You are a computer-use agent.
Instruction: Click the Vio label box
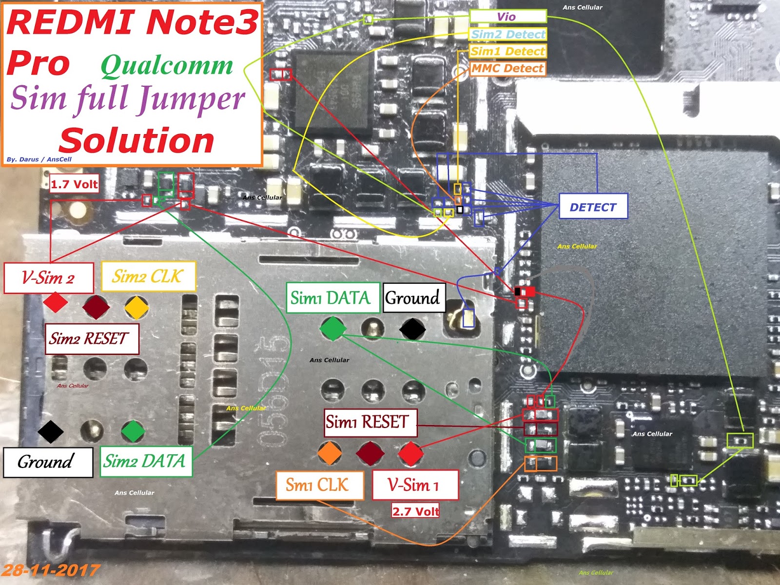(x=507, y=17)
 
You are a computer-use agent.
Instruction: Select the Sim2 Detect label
(x=508, y=34)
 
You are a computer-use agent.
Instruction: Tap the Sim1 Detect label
(x=507, y=51)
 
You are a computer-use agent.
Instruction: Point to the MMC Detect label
(x=507, y=68)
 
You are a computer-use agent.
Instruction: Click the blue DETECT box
(x=593, y=207)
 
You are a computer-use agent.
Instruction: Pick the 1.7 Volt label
(x=74, y=184)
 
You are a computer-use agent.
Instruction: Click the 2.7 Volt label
(x=415, y=511)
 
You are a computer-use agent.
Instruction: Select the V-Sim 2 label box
(x=48, y=278)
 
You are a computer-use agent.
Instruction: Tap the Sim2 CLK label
(x=148, y=276)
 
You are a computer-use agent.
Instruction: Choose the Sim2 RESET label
(x=91, y=338)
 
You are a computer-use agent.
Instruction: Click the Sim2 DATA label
(x=145, y=461)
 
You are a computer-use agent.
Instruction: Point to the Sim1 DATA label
(x=332, y=297)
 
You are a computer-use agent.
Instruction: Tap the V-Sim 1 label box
(x=415, y=485)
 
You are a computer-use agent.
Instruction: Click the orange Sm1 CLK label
(x=319, y=485)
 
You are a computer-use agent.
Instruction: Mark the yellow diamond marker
(x=136, y=307)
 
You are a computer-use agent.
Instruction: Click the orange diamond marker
(x=330, y=452)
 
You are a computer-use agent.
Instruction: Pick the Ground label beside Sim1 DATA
(x=414, y=297)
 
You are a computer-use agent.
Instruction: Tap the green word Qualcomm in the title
(x=167, y=65)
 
